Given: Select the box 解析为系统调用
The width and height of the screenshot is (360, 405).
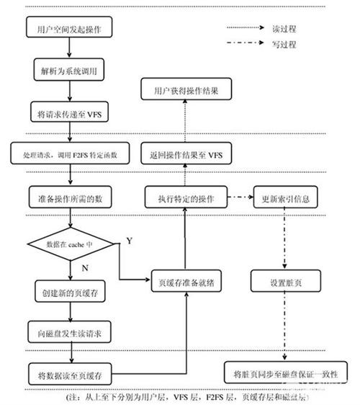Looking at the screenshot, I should (69, 73).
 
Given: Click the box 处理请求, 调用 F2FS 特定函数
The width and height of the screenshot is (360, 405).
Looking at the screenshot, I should (69, 153).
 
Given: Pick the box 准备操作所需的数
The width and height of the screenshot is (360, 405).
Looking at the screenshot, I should (69, 195).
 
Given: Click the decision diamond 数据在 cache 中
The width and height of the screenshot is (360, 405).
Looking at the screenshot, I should (70, 246).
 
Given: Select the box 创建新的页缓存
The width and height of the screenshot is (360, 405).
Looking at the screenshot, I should (69, 295).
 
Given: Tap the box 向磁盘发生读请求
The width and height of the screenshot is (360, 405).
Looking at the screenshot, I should (69, 335).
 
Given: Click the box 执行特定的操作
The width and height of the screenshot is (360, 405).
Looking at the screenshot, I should (185, 196).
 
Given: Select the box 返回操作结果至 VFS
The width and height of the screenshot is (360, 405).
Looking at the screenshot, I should (185, 154).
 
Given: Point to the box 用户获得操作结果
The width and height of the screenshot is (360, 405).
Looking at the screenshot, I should (185, 92).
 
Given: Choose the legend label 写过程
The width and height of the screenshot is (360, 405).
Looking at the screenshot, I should (301, 45).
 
